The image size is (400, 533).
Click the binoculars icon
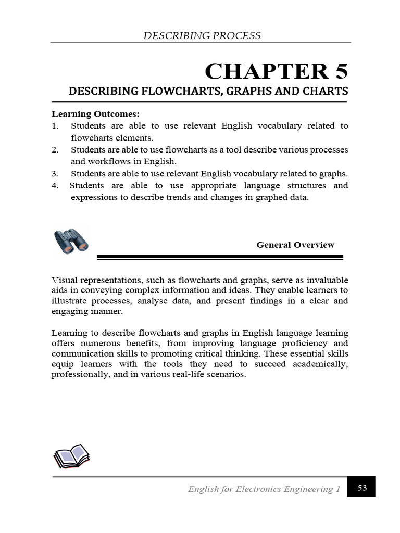[x=71, y=242]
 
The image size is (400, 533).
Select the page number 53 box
[x=362, y=488]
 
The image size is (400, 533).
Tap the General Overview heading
[x=295, y=245]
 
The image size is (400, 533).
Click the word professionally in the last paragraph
[x=76, y=375]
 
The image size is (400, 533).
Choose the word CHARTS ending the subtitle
[x=326, y=92]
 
